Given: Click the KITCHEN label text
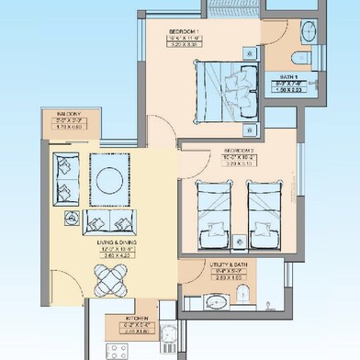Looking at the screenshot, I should pos(140,319).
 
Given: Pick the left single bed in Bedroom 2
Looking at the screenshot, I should pos(216,211).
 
